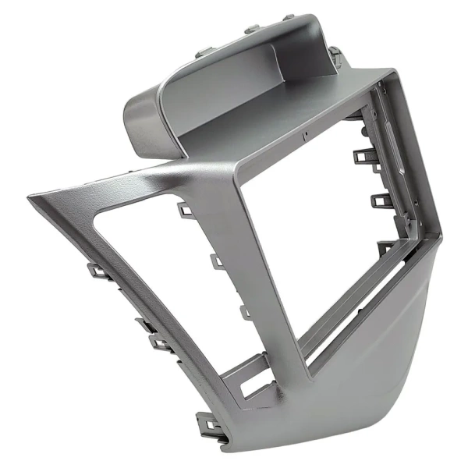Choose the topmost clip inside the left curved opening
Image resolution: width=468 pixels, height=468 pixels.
184,209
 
